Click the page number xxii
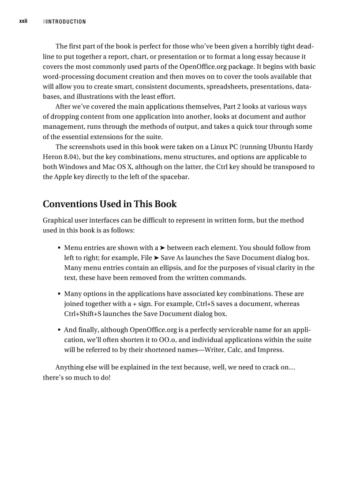point(23,21)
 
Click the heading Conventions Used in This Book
point(109,204)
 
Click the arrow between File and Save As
point(156,258)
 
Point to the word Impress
point(270,350)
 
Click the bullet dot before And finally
point(59,330)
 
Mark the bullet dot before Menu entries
point(59,248)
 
